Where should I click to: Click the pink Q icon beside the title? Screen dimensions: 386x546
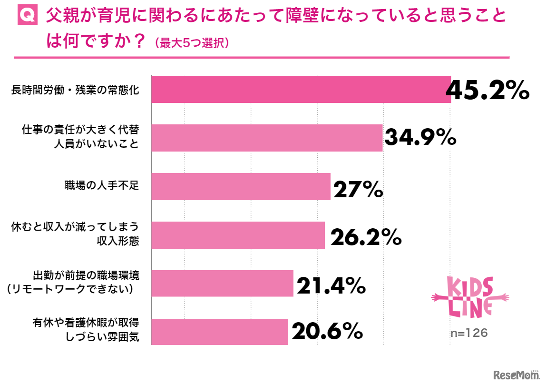[27, 16]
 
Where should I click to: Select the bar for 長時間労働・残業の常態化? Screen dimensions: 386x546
[301, 89]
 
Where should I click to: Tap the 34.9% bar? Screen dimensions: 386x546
[266, 138]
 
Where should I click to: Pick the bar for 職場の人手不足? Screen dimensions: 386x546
[240, 186]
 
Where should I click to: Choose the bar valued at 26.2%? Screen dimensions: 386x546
[237, 235]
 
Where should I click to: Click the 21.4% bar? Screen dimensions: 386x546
[222, 284]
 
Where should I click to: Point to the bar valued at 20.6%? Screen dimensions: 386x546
[219, 332]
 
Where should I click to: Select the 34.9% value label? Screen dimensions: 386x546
[420, 138]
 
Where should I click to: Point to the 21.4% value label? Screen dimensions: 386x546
[331, 285]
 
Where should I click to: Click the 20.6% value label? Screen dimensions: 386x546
[328, 332]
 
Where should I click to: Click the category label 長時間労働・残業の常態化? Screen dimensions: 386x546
[75, 90]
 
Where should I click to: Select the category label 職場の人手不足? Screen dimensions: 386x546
[101, 185]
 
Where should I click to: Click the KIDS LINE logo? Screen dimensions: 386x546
[469, 296]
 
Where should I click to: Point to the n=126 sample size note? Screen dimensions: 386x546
[469, 333]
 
